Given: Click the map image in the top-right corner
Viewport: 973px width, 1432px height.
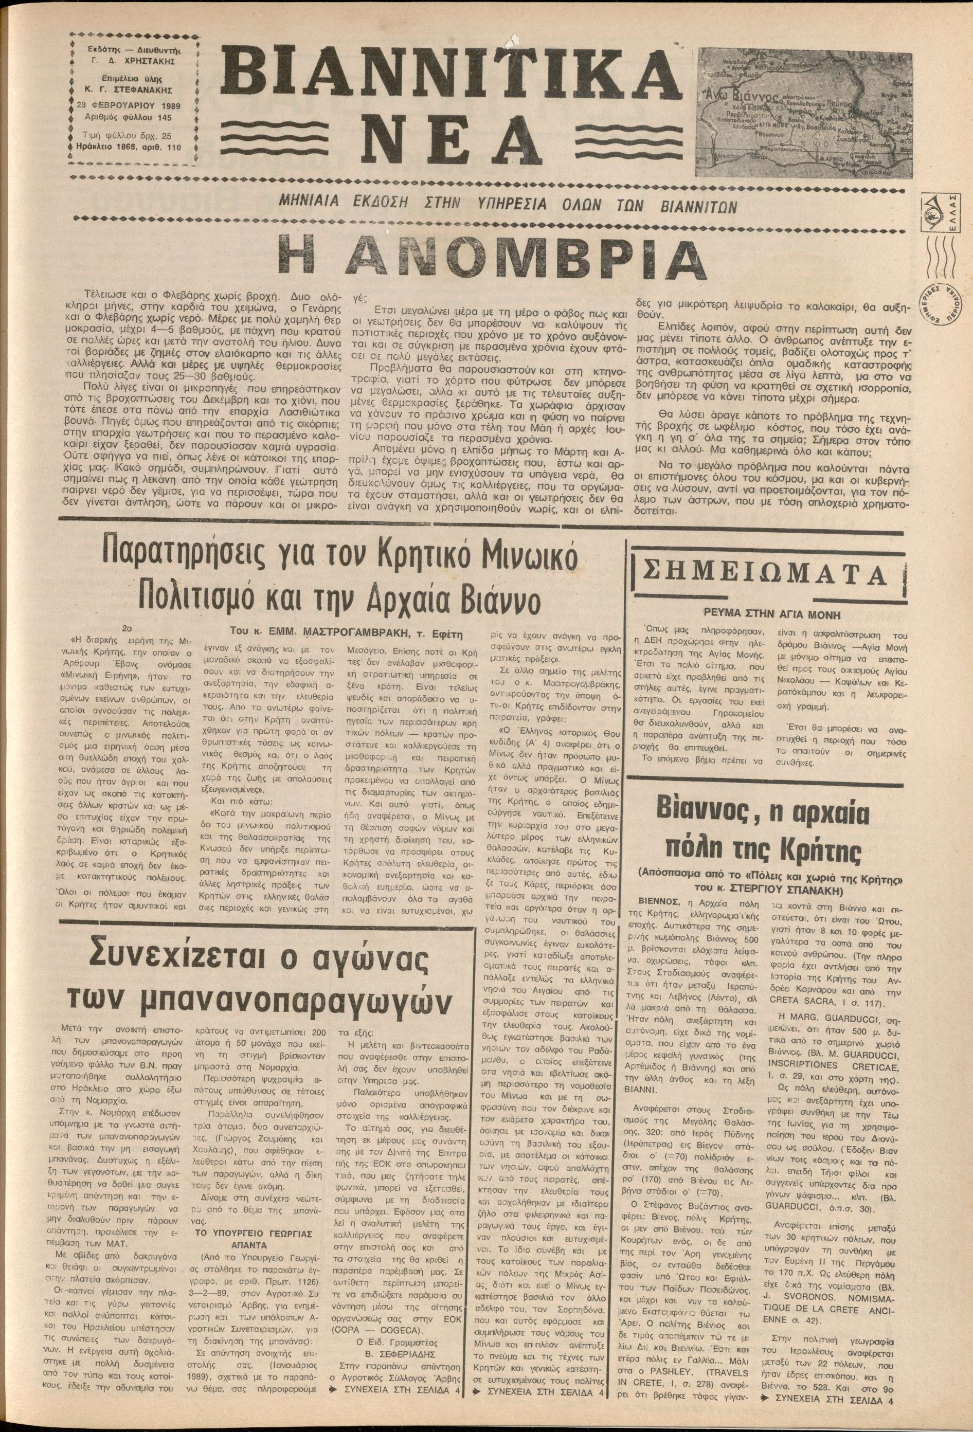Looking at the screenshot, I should (x=805, y=113).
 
